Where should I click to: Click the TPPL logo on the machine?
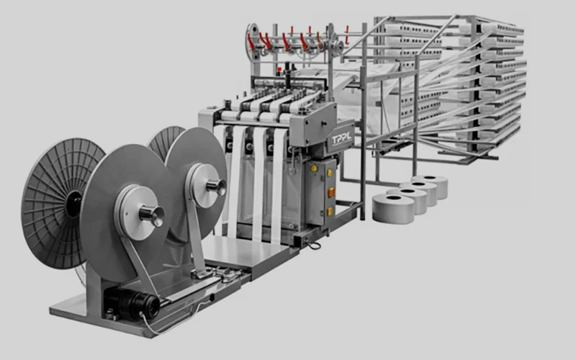[x=341, y=139]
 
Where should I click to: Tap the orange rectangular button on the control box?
[x=331, y=192]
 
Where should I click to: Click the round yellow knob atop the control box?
[x=314, y=168]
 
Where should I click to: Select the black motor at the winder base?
[x=132, y=302]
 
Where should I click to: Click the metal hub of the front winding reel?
[x=152, y=215]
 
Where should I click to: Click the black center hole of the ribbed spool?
[x=74, y=204]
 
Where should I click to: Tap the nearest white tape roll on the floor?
[x=393, y=208]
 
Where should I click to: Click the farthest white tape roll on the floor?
[x=430, y=186]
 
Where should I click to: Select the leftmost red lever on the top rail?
[x=251, y=42]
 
